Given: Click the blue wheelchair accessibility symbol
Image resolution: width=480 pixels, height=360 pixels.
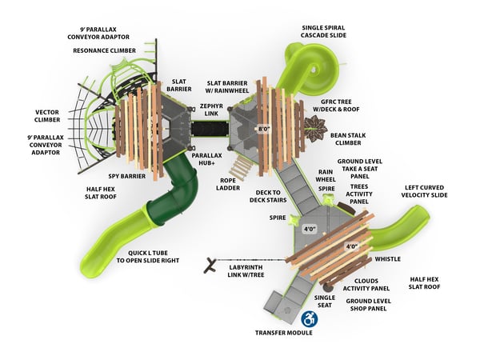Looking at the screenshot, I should pos(309,318).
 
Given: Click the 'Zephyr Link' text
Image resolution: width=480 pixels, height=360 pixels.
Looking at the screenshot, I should pos(211,110).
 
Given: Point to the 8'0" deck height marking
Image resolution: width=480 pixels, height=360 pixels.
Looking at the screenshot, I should pos(263,129).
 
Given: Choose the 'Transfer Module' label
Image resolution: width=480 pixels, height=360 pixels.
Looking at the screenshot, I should pos(283,332).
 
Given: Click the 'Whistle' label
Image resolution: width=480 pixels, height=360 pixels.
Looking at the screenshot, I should pos(387,258).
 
